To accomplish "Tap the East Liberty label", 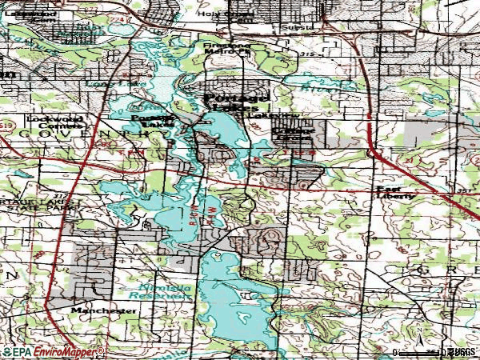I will click(x=396, y=193).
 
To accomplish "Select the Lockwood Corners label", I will click(x=55, y=122).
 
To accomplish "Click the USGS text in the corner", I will click(x=462, y=352).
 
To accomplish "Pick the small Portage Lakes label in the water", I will click(x=153, y=122).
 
